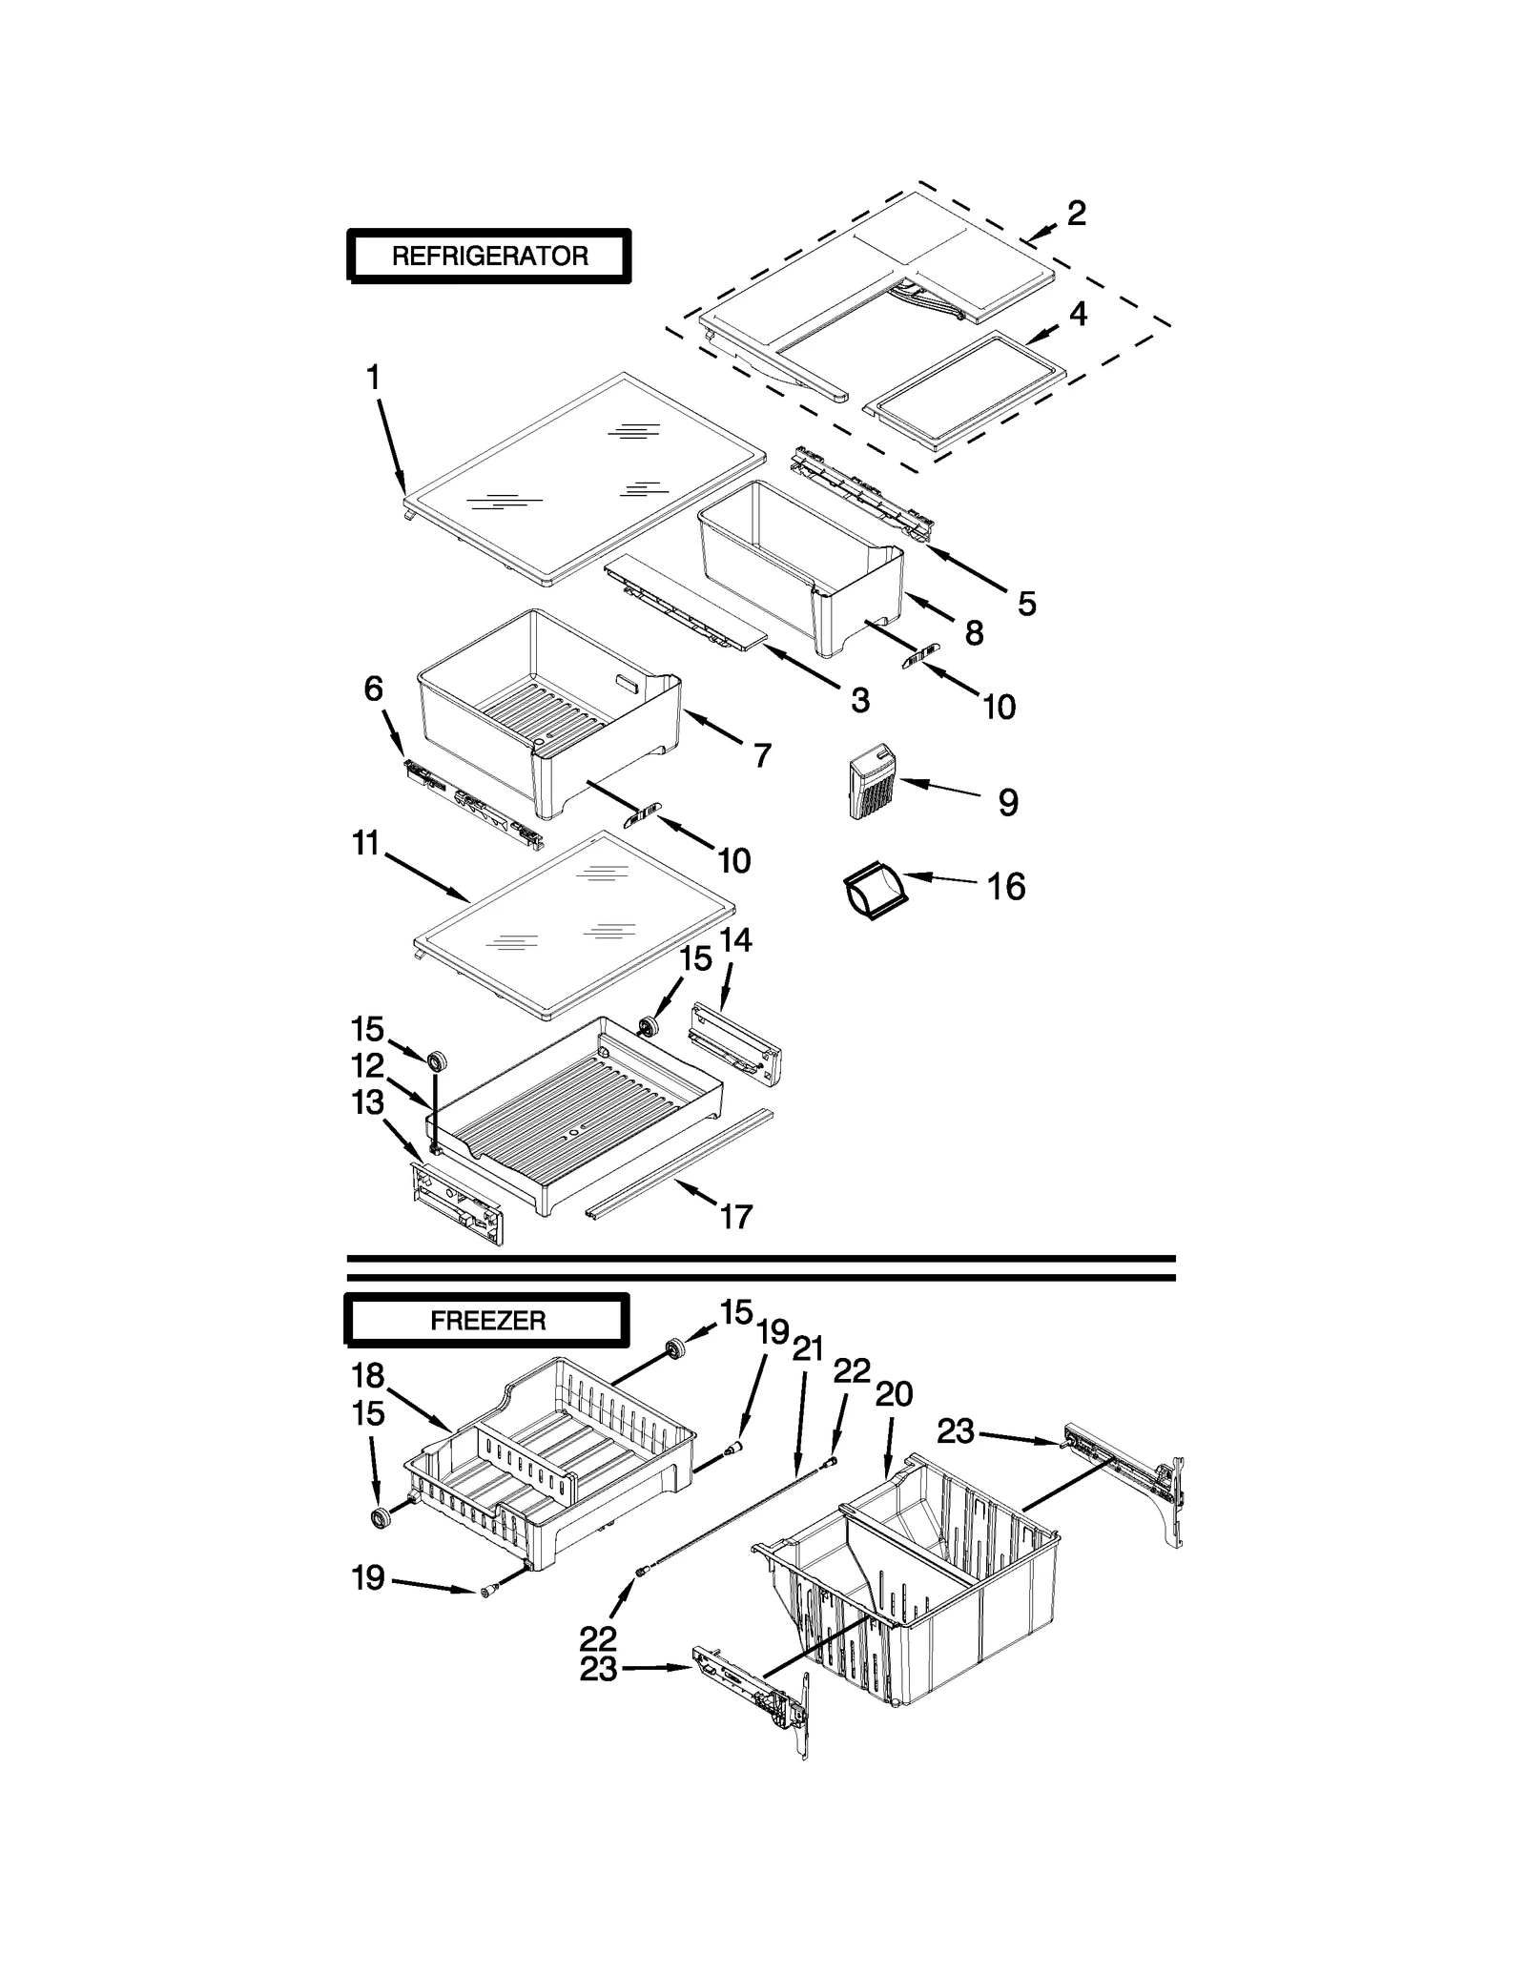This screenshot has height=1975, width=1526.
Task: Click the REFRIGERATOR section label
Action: pyautogui.click(x=488, y=256)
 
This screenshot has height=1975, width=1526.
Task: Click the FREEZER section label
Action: pyautogui.click(x=487, y=1321)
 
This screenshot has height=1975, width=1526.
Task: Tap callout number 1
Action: pyautogui.click(x=373, y=379)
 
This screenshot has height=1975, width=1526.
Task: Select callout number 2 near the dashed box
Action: pyautogui.click(x=1076, y=214)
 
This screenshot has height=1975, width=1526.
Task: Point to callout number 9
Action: pyautogui.click(x=1008, y=803)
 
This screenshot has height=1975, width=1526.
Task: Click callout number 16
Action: pyautogui.click(x=1006, y=887)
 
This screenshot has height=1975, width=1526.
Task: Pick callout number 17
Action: pyautogui.click(x=735, y=1217)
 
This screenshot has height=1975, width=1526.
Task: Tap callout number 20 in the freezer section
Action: pyautogui.click(x=894, y=1394)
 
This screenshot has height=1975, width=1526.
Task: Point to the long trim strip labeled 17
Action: pyautogui.click(x=679, y=1165)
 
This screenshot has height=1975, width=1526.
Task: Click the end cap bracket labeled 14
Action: pyautogui.click(x=736, y=1041)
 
